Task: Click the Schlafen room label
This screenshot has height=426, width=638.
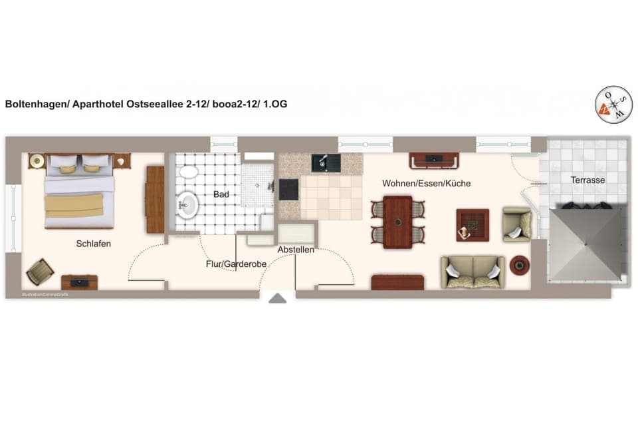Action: pyautogui.click(x=94, y=244)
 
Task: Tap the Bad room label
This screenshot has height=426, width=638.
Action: pyautogui.click(x=221, y=195)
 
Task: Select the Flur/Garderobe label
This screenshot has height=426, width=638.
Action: pyautogui.click(x=236, y=264)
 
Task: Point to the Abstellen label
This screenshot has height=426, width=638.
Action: pyautogui.click(x=296, y=250)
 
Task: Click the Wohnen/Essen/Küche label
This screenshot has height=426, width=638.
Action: pyautogui.click(x=426, y=183)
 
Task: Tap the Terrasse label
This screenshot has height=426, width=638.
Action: pyautogui.click(x=587, y=180)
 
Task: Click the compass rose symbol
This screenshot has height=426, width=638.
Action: pyautogui.click(x=613, y=105)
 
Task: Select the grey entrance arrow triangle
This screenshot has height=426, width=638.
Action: pyautogui.click(x=277, y=298)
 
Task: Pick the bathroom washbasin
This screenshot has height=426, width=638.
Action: pyautogui.click(x=187, y=205)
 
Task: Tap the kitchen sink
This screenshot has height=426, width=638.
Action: pyautogui.click(x=326, y=162)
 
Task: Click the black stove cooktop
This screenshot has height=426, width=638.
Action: pyautogui.click(x=289, y=190)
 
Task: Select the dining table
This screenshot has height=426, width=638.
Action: pyautogui.click(x=397, y=222)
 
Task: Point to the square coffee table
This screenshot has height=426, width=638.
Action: pyautogui.click(x=472, y=225)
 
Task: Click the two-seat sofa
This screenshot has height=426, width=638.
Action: pyautogui.click(x=473, y=272)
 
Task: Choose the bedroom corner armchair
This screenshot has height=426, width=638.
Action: pyautogui.click(x=40, y=272)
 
